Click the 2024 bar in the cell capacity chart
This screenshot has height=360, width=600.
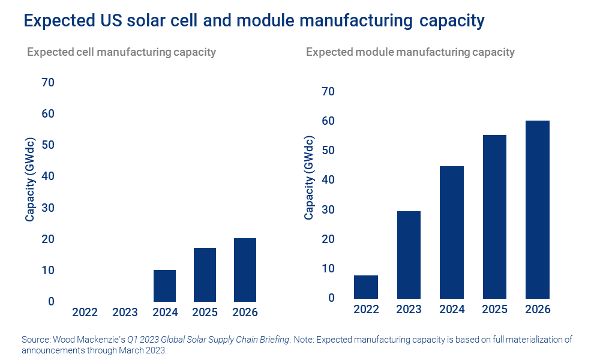point(164,286)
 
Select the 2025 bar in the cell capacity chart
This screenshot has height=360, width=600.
point(205,275)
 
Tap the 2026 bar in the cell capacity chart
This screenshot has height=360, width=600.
point(245,270)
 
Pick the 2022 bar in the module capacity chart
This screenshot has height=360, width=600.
point(366,287)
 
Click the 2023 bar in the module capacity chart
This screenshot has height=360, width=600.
point(409,255)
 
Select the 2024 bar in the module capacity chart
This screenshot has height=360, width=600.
point(451,232)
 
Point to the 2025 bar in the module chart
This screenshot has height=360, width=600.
point(494,217)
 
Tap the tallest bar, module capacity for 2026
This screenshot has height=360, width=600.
point(537,209)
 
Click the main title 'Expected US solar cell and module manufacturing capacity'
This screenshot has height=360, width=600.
point(254,21)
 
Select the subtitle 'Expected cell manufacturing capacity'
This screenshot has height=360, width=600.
point(121,52)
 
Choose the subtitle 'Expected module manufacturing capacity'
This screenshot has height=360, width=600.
point(410,52)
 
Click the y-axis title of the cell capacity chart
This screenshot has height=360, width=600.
point(30,180)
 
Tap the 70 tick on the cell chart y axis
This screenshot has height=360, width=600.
point(47,82)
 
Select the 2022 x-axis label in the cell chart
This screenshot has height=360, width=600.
point(84,313)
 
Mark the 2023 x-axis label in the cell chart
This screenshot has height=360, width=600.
point(125,313)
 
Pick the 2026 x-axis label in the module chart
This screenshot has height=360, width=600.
point(537,310)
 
